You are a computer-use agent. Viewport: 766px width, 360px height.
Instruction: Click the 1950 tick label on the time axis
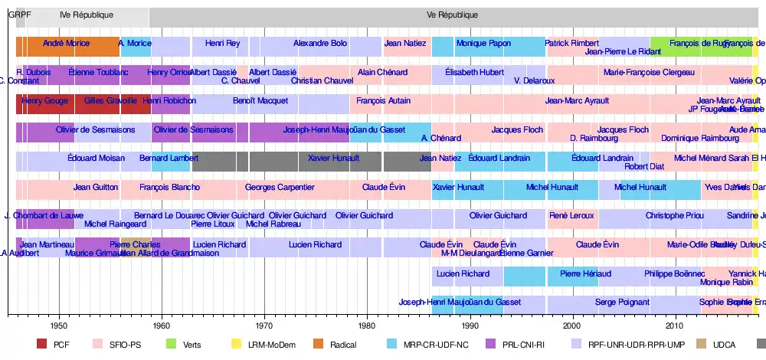[x=58, y=324]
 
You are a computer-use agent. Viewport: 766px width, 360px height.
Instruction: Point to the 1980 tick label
[x=367, y=324]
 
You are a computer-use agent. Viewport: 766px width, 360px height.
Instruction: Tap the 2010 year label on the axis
[x=675, y=324]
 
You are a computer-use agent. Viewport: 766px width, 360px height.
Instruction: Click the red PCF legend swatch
[x=41, y=345]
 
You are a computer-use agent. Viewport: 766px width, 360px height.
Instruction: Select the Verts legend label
[x=193, y=345]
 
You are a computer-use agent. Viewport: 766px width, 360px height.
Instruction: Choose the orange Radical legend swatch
[x=318, y=345]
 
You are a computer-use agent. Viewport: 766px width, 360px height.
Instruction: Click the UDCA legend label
[x=724, y=345]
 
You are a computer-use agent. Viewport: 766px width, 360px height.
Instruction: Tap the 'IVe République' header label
[x=87, y=15]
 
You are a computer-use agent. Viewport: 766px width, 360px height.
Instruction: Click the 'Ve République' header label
[x=453, y=15]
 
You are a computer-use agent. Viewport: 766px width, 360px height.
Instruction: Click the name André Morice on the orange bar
[x=66, y=44]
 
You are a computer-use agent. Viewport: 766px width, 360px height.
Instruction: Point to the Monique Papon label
[x=484, y=44]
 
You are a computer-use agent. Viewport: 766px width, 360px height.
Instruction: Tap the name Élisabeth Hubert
[x=475, y=72]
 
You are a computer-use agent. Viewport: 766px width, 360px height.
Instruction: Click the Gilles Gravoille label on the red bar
[x=110, y=100]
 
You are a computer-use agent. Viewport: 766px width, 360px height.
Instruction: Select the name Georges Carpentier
[x=280, y=187]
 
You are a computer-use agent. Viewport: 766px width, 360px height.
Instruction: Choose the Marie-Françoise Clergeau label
[x=649, y=72]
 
